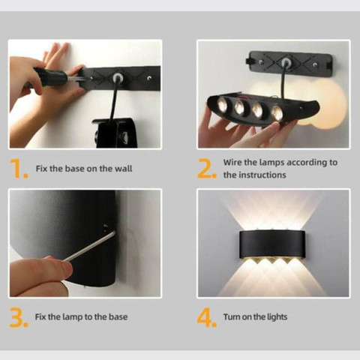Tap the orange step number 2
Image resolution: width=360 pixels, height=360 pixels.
[206, 168]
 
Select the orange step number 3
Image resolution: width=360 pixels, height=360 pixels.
[19, 317]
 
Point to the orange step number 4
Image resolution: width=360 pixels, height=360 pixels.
[206, 317]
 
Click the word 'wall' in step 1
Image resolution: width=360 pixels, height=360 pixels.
[123, 169]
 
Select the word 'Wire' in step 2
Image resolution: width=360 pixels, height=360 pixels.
[232, 163]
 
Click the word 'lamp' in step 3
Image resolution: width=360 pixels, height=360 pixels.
[73, 317]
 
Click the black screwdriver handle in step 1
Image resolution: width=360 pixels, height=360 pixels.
[52, 76]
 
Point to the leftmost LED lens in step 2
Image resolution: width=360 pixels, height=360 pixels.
[222, 105]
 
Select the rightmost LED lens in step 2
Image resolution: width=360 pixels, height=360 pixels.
[277, 112]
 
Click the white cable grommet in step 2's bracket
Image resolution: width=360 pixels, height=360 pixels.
[286, 62]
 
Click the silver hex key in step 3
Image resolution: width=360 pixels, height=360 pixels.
[89, 246]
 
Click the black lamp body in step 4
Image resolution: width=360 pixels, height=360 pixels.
[272, 244]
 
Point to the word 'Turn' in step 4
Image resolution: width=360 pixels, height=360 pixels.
[232, 317]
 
